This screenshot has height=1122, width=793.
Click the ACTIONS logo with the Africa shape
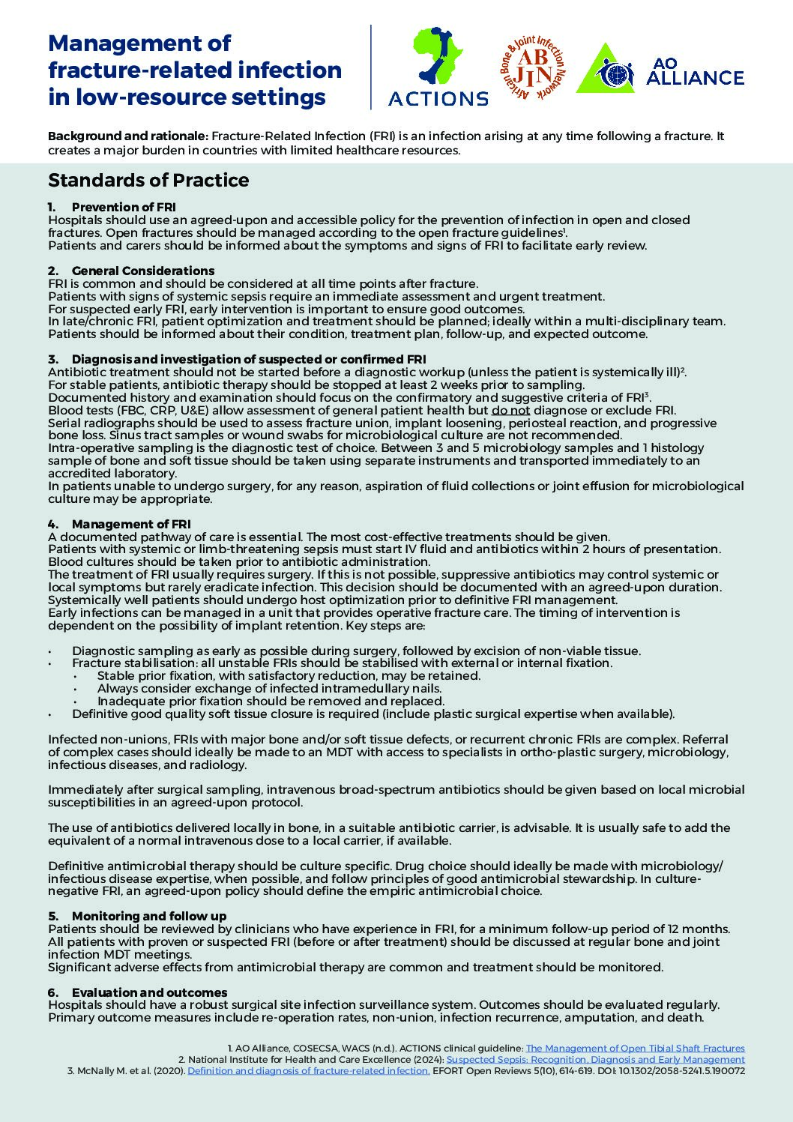[438, 67]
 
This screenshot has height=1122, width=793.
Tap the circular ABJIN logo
[532, 67]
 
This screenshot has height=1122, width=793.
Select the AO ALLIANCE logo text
[694, 71]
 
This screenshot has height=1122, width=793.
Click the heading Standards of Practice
[148, 181]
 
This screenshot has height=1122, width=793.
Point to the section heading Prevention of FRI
[124, 207]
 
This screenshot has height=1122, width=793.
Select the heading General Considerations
[142, 271]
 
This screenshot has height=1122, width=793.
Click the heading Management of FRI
[131, 524]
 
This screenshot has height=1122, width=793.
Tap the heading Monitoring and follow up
[148, 916]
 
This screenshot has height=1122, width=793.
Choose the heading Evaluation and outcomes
[149, 992]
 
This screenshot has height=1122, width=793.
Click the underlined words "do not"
[510, 410]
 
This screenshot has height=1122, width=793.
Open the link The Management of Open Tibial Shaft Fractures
[635, 1049]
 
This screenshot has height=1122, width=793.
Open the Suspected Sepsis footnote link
[595, 1060]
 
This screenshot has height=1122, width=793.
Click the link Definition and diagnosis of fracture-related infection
[308, 1071]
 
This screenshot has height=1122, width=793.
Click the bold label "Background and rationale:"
[128, 136]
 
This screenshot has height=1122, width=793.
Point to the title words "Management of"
[139, 43]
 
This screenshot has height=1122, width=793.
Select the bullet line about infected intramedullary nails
[269, 688]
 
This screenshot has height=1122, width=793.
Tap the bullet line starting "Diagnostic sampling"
[356, 651]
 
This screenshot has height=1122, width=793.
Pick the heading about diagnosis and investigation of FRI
[249, 360]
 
